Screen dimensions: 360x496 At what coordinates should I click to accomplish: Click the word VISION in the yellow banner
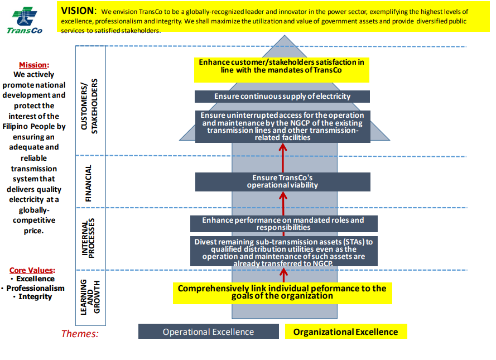click(x=79, y=11)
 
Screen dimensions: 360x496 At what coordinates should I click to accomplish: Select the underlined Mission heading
click(x=34, y=65)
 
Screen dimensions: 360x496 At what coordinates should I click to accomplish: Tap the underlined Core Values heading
click(x=32, y=270)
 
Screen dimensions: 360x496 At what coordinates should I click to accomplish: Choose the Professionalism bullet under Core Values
click(x=35, y=288)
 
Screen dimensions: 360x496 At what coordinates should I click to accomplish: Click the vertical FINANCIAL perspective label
click(x=88, y=183)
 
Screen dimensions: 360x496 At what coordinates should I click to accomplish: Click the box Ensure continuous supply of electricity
click(x=282, y=97)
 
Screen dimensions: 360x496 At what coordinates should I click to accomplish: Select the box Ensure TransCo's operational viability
click(x=282, y=181)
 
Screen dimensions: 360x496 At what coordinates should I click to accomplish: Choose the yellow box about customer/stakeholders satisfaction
click(x=282, y=66)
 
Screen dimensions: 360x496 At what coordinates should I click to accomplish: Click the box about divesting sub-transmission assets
click(x=283, y=252)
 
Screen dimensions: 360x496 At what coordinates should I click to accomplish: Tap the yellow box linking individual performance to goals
click(x=282, y=292)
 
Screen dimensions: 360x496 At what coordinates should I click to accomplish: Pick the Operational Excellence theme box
click(x=208, y=332)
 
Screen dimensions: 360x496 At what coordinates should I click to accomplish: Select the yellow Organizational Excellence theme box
click(x=346, y=332)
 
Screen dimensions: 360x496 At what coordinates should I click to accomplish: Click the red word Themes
click(x=80, y=334)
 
